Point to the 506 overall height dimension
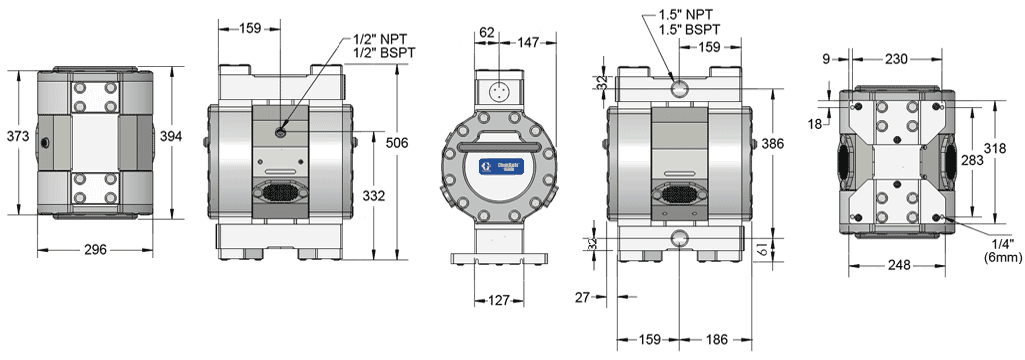pos(397,143)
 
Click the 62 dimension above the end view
pos(487,33)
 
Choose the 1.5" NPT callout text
pos(687,15)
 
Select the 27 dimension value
pos(585,297)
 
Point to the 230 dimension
pos(895,59)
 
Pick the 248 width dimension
pos(896,265)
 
